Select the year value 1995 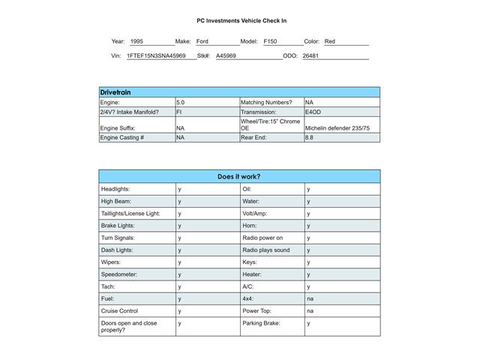point(136,42)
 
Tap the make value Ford point(202,42)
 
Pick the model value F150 point(270,42)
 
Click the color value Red point(330,42)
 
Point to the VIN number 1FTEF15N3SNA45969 point(156,56)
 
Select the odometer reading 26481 point(310,56)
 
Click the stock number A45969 point(226,56)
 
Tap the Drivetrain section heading point(115,92)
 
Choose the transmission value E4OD point(313,112)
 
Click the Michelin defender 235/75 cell point(337,128)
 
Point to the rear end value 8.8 point(310,138)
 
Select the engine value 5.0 point(180,102)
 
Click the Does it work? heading point(239,177)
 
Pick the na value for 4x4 point(310,298)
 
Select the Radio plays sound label point(265,250)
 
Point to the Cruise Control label point(119,310)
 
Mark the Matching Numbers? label point(266,102)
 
